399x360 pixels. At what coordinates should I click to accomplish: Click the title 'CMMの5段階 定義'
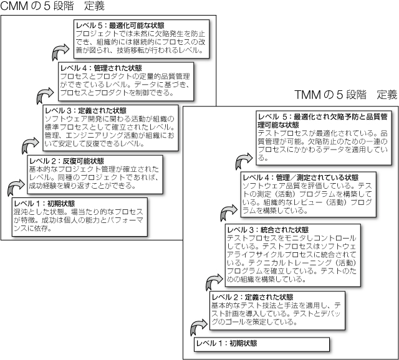coord(52,7)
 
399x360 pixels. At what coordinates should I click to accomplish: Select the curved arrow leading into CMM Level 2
coord(15,187)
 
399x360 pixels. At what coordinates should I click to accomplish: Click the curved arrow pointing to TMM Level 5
coord(244,161)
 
